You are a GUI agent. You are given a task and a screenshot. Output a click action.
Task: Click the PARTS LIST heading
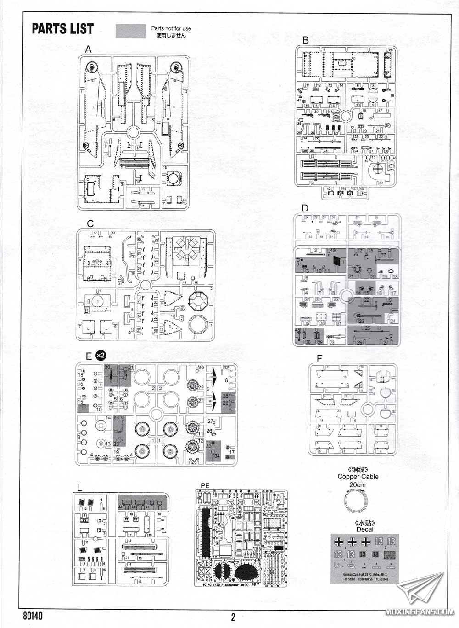pos(62,28)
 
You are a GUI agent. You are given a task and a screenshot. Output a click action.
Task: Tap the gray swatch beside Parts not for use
pos(131,31)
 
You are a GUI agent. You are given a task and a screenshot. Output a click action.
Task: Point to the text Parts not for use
pos(171,28)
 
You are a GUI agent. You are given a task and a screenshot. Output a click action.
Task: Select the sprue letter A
pos(88,49)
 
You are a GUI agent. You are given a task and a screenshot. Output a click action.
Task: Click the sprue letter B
pos(306,40)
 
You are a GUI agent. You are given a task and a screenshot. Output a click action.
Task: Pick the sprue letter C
pos(90,223)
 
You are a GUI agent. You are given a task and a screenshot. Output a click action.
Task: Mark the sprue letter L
pos(79,488)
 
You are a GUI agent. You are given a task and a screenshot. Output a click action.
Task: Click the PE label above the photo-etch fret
pos(205,485)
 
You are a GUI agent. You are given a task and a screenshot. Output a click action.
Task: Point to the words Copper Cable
pos(358,477)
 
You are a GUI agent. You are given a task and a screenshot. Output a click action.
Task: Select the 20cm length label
pos(358,485)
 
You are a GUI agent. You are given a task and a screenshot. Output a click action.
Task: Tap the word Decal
pos(365,529)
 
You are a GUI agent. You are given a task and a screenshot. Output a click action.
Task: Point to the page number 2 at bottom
pos(233,617)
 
